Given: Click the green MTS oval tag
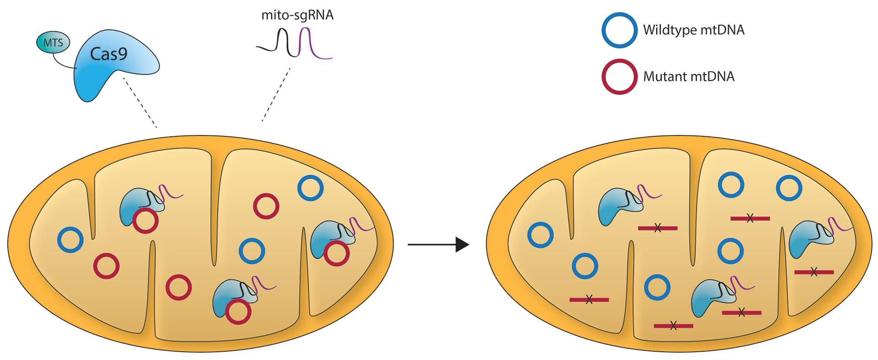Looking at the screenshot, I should tap(53, 43).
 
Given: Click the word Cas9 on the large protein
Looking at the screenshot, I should tap(108, 54).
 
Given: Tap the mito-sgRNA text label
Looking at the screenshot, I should tap(297, 15).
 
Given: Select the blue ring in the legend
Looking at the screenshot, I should tap(619, 30).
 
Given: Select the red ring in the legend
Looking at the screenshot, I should tap(619, 76).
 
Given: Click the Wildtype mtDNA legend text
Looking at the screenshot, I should tap(694, 30).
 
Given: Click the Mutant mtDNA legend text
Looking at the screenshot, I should tap(689, 76).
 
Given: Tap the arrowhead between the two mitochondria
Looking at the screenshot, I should tap(462, 245).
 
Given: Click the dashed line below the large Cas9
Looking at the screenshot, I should tap(140, 102).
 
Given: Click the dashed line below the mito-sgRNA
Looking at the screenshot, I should tap(276, 95).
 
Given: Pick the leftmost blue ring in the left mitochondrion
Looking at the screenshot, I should tap(70, 240).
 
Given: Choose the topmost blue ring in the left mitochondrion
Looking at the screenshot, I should tap(311, 188).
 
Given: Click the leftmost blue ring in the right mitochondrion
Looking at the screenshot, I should tap(541, 235).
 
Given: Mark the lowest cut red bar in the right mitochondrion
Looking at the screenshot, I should tap(673, 326).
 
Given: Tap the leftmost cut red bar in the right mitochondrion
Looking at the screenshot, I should tap(589, 300).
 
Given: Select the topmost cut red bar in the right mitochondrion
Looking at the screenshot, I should tap(750, 219).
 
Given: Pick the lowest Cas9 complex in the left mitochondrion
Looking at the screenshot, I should tap(233, 297).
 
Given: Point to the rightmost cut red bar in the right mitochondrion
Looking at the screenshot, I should tap(814, 272).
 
